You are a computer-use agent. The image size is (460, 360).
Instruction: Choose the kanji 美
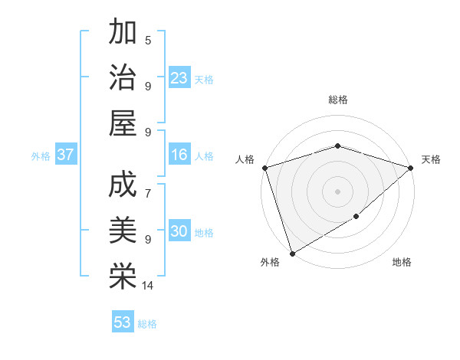(123, 231)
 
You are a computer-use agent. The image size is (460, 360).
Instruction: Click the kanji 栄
(123, 277)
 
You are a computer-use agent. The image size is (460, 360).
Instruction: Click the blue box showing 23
(179, 77)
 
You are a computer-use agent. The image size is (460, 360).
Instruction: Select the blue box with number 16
(179, 155)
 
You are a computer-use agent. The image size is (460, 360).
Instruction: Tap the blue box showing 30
(179, 232)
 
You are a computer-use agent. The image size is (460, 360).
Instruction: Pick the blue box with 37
(66, 155)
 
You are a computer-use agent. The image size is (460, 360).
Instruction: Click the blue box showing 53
(123, 322)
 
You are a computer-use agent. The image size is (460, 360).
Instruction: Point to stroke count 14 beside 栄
(148, 286)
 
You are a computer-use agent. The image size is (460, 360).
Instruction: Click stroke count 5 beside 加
(148, 40)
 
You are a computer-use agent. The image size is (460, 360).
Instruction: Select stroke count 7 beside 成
(148, 185)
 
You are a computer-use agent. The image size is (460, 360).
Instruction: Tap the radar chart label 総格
(337, 100)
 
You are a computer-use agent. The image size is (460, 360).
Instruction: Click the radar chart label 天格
(431, 159)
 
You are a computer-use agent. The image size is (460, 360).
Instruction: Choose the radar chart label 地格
(402, 263)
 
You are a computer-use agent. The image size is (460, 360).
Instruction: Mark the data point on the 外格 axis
(292, 254)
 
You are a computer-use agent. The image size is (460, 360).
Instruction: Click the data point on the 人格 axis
(264, 167)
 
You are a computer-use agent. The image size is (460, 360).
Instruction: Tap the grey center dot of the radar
(337, 191)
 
